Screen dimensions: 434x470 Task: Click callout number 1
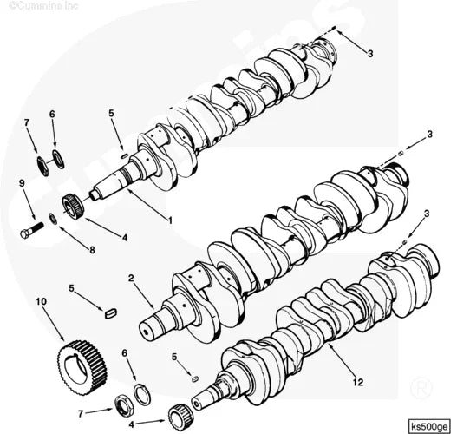170,220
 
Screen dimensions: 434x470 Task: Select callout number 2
131,279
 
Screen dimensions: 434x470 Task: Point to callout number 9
21,183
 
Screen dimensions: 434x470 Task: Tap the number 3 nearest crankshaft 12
426,214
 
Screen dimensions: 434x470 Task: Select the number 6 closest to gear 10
125,353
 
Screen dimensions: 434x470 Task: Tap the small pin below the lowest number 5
195,378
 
